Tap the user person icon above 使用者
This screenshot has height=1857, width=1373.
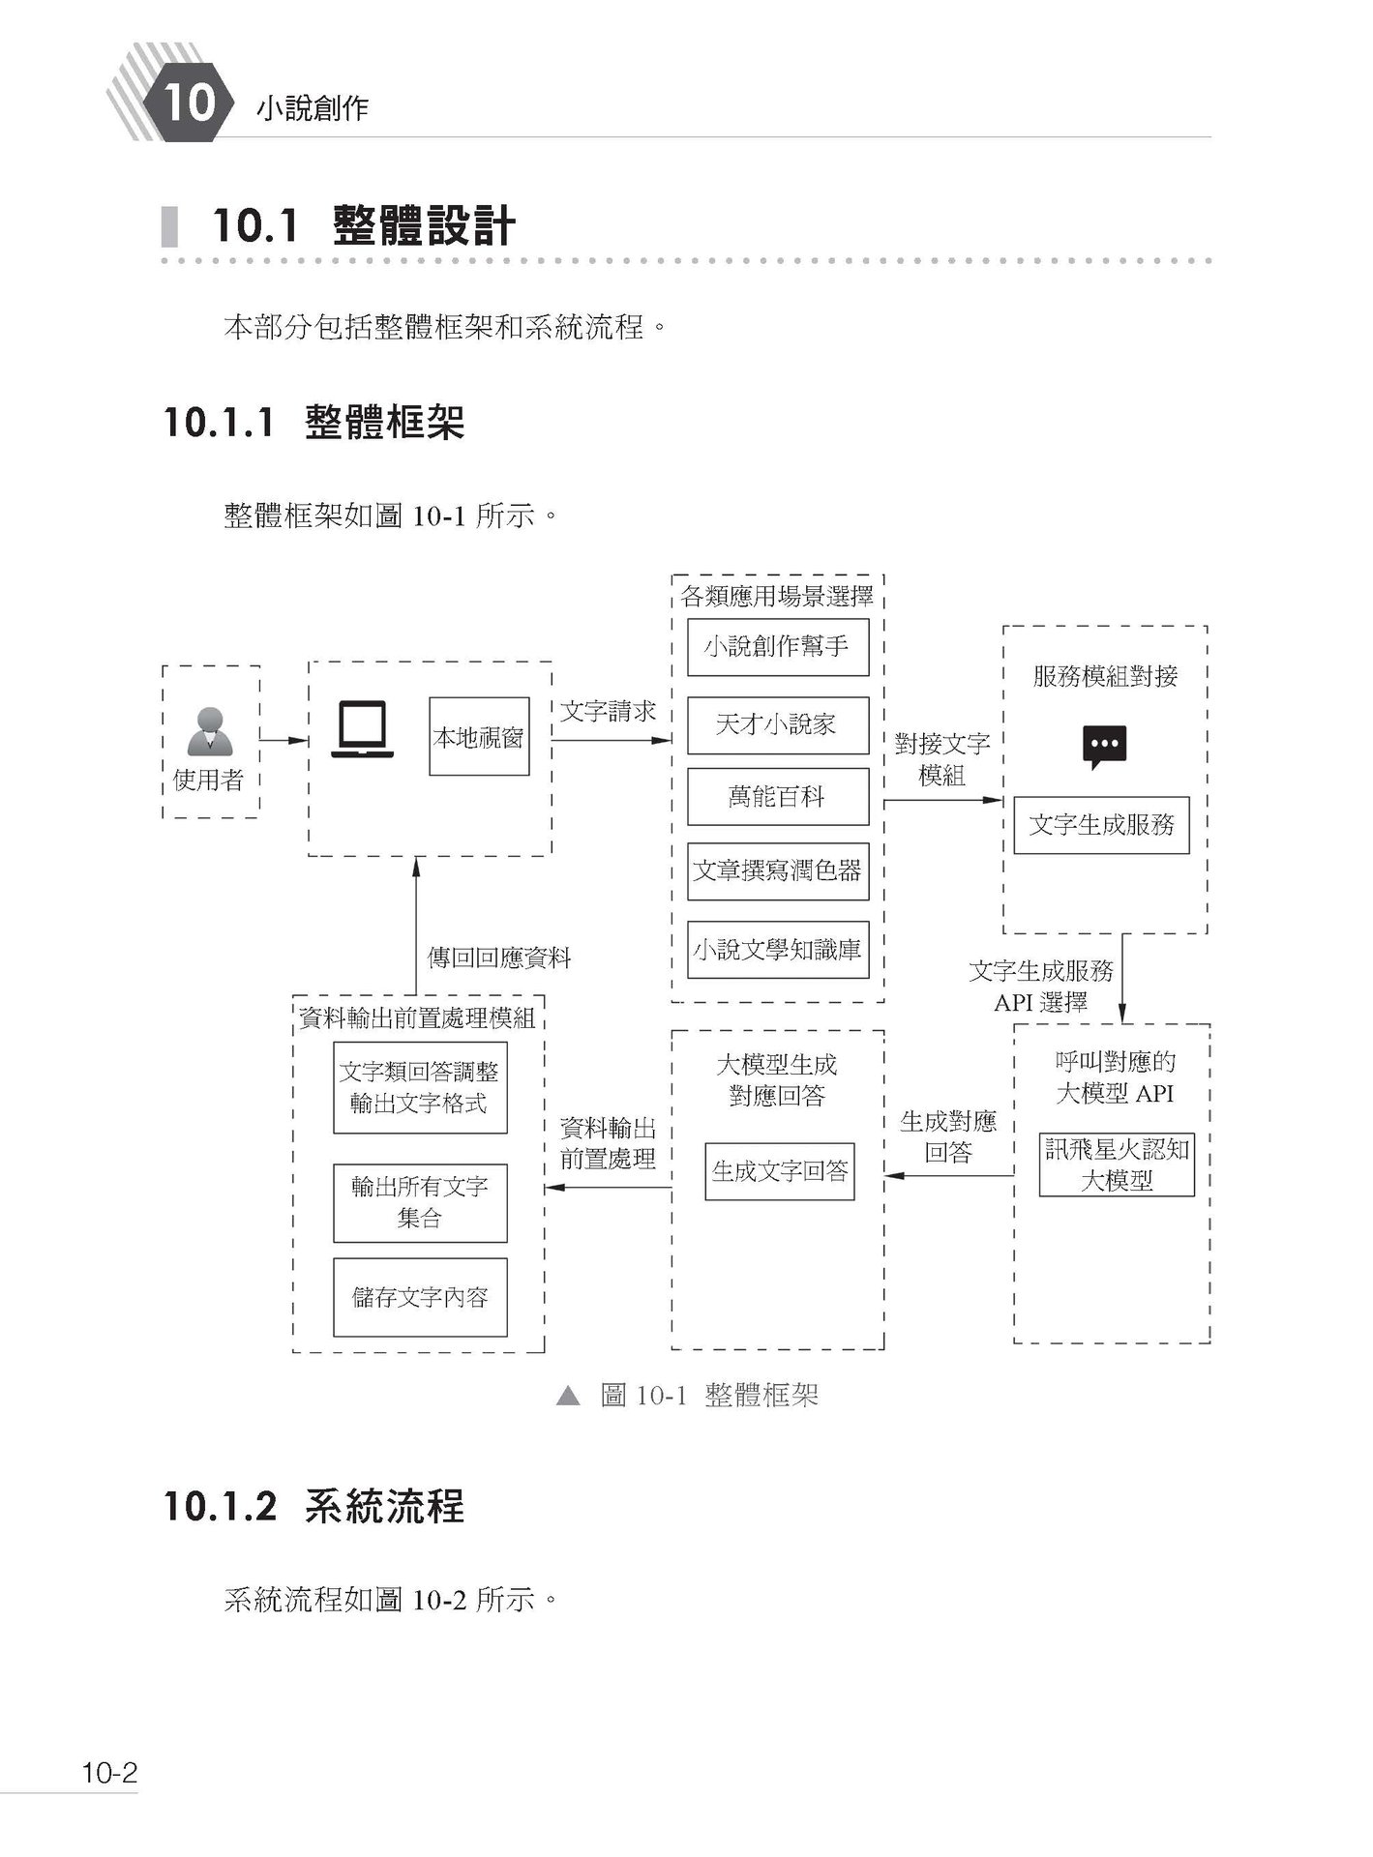(210, 731)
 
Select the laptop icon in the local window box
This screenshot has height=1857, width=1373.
(362, 730)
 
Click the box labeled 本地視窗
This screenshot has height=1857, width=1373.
(479, 737)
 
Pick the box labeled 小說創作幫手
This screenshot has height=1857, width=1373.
(777, 647)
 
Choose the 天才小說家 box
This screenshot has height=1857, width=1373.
(777, 724)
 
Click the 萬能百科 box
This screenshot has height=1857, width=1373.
(777, 797)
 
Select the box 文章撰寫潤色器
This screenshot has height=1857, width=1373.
(777, 871)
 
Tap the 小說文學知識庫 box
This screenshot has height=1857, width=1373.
(777, 950)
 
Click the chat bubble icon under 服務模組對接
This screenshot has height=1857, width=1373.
(1104, 747)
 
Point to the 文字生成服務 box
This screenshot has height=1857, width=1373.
(1101, 825)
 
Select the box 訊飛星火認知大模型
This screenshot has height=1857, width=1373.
(1117, 1164)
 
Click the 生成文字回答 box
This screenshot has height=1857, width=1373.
(779, 1171)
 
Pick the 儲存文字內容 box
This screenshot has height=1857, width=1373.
(420, 1297)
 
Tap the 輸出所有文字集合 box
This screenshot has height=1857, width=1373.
(420, 1202)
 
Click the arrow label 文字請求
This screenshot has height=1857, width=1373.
(608, 713)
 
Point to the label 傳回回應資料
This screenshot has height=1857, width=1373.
(499, 958)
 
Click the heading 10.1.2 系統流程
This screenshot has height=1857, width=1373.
(313, 1507)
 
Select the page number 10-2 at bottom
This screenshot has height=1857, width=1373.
(109, 1773)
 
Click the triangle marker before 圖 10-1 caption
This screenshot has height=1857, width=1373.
(568, 1396)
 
